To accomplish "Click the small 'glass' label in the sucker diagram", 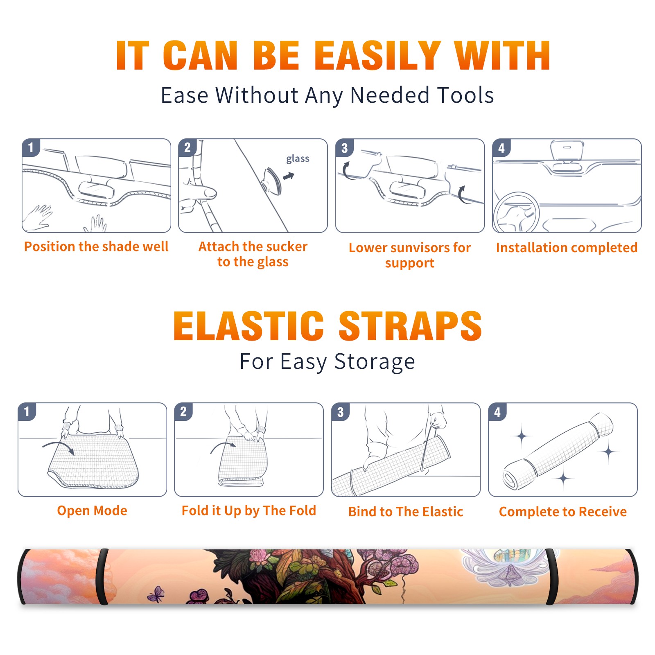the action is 298,159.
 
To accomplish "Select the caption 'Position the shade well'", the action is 96,246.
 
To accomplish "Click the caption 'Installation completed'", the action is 567,247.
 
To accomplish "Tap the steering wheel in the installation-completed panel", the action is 516,213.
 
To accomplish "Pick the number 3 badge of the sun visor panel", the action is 344,148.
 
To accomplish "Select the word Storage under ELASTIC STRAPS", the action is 375,362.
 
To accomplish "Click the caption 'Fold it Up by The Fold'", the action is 249,510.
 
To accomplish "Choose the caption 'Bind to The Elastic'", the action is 406,512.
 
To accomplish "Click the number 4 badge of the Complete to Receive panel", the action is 497,412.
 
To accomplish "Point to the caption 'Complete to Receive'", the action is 563,512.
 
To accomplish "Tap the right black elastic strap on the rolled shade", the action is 551,576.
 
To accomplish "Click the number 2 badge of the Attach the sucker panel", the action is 187,148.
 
